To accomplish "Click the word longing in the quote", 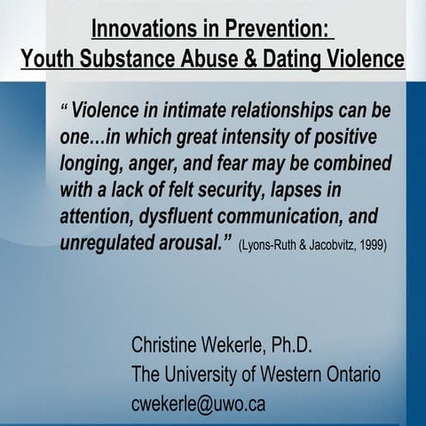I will [93, 165].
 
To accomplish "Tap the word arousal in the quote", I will [198, 242].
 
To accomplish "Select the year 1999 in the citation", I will [367, 245].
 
